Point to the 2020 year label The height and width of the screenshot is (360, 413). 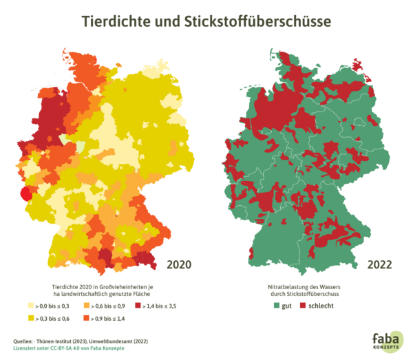pos(179,264)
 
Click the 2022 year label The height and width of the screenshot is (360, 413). pos(379,264)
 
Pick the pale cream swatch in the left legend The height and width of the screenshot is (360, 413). pos(31,304)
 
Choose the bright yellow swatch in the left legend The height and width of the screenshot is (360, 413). pos(31,319)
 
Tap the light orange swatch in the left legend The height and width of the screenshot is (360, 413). pos(86,304)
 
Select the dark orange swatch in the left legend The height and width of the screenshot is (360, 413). pos(86,319)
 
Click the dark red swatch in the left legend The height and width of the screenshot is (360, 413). pos(138,304)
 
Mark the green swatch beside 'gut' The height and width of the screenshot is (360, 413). pos(276,304)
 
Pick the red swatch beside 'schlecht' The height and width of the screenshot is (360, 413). pos(304,304)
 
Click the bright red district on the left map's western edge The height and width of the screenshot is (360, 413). pos(25,193)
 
